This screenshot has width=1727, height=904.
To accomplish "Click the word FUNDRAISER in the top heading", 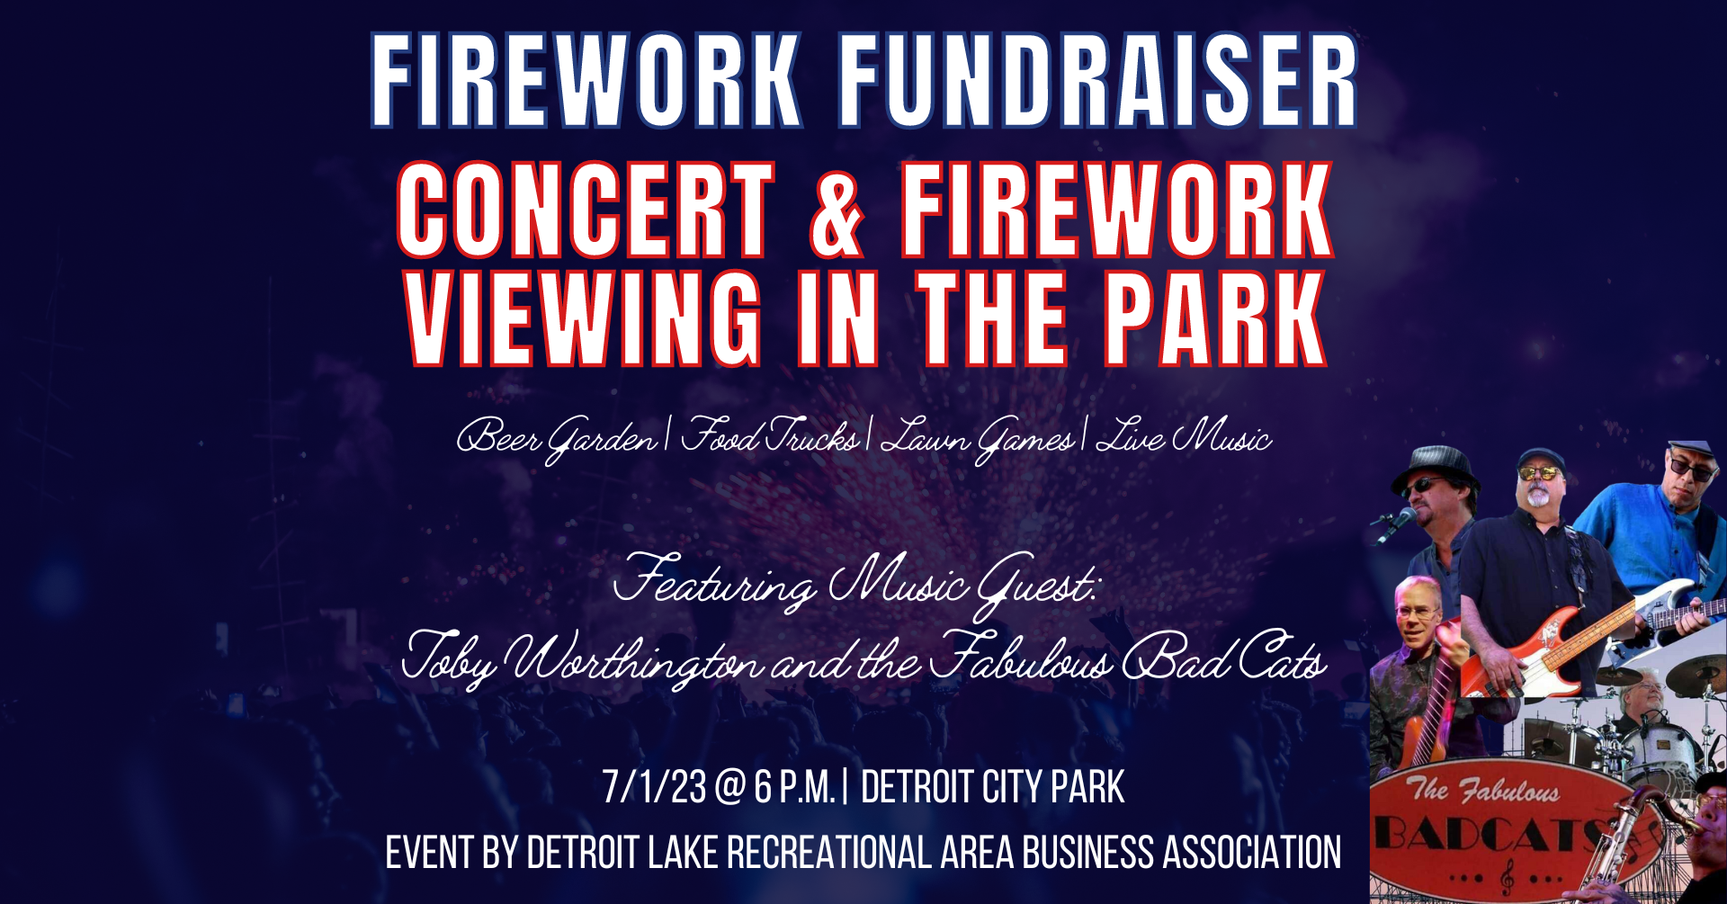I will click(x=1098, y=80).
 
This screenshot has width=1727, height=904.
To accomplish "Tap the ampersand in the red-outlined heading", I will click(x=837, y=211).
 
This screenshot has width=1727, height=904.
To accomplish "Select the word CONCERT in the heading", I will click(x=586, y=211).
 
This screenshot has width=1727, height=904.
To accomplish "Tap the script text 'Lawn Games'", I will click(x=977, y=438).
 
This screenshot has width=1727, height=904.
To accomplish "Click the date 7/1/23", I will click(x=654, y=787).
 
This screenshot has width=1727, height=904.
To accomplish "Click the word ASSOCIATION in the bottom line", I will click(x=1251, y=853).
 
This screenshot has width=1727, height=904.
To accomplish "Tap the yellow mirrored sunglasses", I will click(x=1540, y=472).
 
